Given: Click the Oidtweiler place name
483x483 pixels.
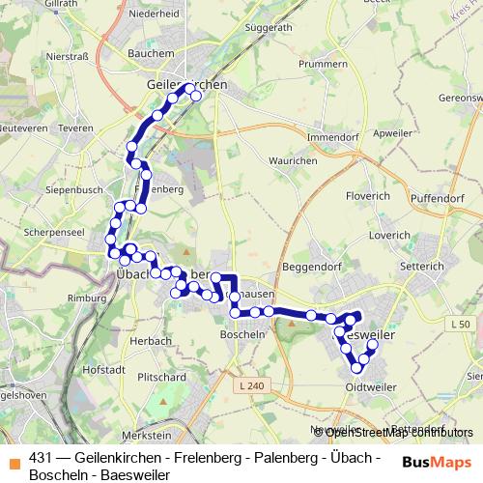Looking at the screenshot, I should click(x=371, y=388).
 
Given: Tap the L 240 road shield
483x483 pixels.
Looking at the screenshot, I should click(x=249, y=386).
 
